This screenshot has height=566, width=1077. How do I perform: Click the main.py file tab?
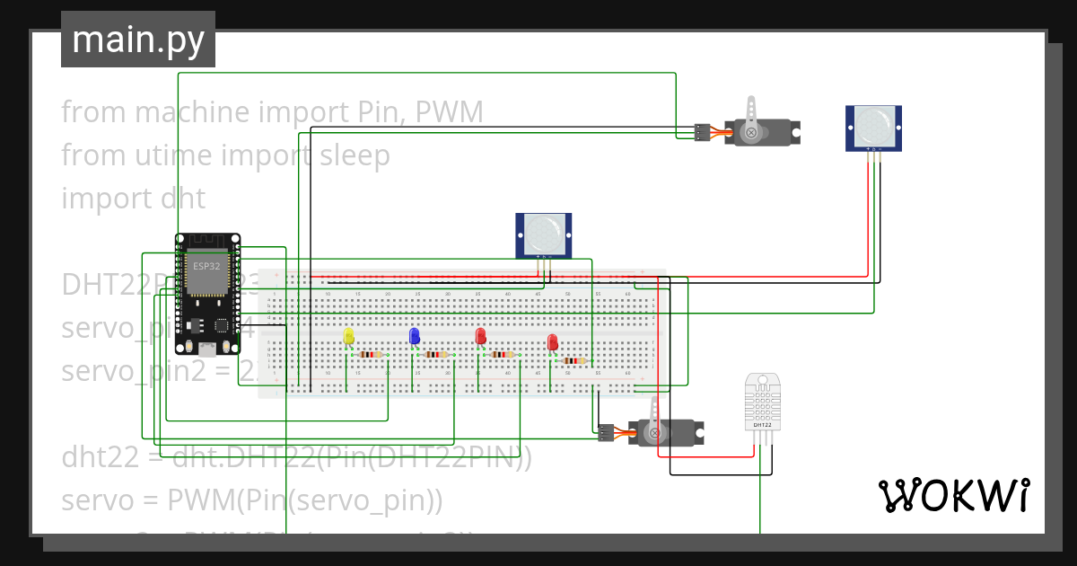[137, 40]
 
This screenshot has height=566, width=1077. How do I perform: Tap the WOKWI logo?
[952, 495]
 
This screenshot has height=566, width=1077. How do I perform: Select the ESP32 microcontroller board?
[207, 293]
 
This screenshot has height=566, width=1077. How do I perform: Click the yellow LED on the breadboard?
[349, 337]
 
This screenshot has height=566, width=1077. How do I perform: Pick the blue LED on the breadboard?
[414, 336]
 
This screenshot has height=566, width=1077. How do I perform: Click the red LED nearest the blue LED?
[480, 337]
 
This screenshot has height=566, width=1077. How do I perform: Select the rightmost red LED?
[552, 342]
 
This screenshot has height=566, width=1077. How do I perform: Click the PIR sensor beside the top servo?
[873, 127]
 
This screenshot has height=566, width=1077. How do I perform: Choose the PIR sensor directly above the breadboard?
[544, 234]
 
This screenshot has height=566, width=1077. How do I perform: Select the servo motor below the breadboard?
[664, 432]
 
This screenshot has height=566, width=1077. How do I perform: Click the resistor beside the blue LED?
[435, 355]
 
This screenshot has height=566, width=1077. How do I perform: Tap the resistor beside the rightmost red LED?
[574, 361]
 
